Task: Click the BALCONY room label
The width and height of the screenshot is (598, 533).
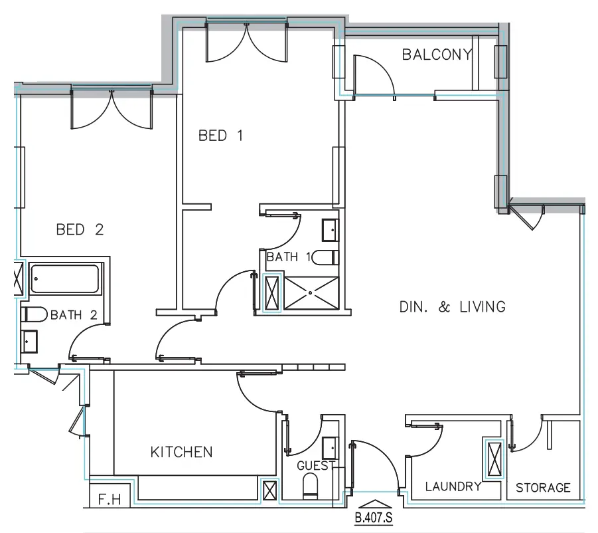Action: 436,54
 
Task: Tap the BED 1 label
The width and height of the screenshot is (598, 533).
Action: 220,136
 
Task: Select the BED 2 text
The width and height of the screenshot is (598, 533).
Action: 80,230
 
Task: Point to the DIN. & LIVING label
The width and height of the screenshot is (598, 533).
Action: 453,307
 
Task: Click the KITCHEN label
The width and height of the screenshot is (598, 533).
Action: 181,452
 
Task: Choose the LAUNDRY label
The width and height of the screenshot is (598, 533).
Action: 453,486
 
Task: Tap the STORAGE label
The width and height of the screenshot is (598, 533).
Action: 543,487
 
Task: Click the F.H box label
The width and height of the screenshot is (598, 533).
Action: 105,498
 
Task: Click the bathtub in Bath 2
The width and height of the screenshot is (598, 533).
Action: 65,279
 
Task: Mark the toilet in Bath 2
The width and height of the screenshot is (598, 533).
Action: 33,314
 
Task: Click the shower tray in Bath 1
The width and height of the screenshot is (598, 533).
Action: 311,293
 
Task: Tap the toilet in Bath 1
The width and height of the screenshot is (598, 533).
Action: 326,257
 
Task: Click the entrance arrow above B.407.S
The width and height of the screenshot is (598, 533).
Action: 374,505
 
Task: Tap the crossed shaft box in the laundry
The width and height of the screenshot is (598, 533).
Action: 493,459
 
